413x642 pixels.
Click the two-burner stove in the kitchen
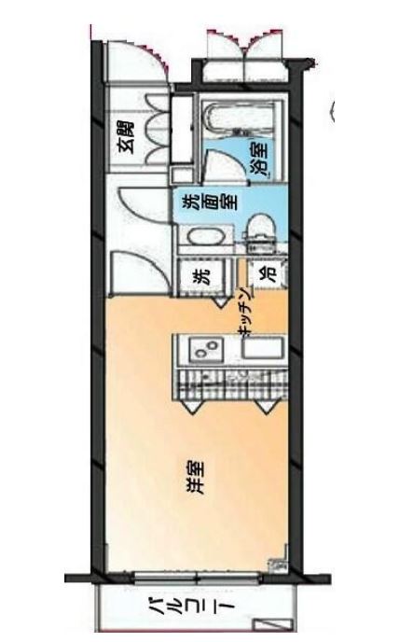[204, 353]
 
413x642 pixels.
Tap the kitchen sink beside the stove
[262, 353]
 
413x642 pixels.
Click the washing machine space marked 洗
[200, 277]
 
